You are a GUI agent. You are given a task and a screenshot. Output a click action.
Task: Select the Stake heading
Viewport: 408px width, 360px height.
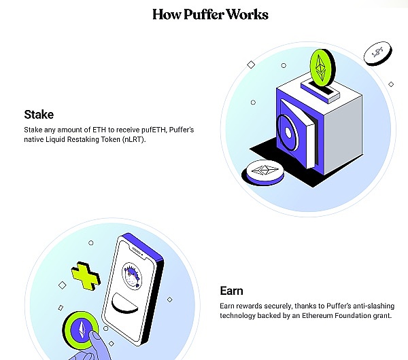coord(39,114)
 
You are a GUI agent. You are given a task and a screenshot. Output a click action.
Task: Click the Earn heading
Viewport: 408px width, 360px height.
coord(231,291)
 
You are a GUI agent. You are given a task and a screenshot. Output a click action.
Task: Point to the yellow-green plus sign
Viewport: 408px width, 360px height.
coord(86,278)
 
